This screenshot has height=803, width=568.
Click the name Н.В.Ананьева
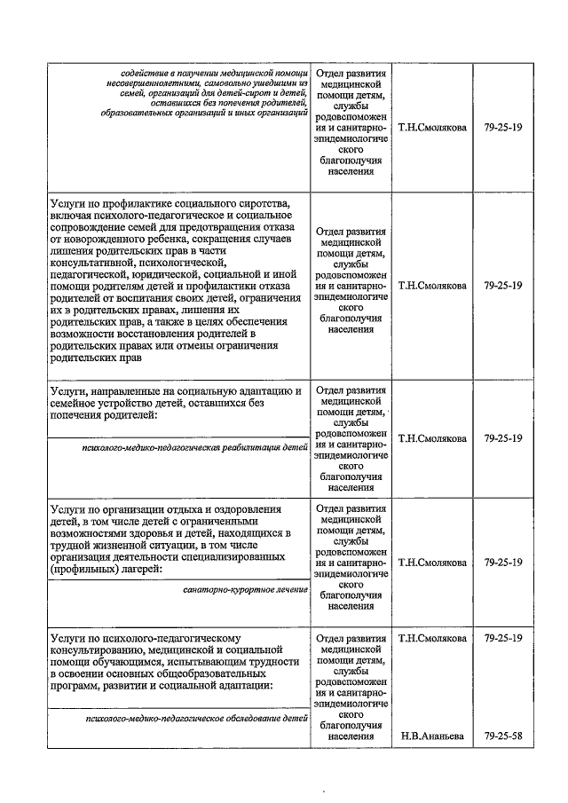point(432,736)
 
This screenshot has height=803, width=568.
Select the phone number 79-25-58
point(504,736)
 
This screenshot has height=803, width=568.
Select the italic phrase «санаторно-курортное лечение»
point(245,589)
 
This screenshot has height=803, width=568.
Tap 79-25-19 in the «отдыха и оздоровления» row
point(504,562)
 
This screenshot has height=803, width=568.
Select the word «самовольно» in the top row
point(234,83)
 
